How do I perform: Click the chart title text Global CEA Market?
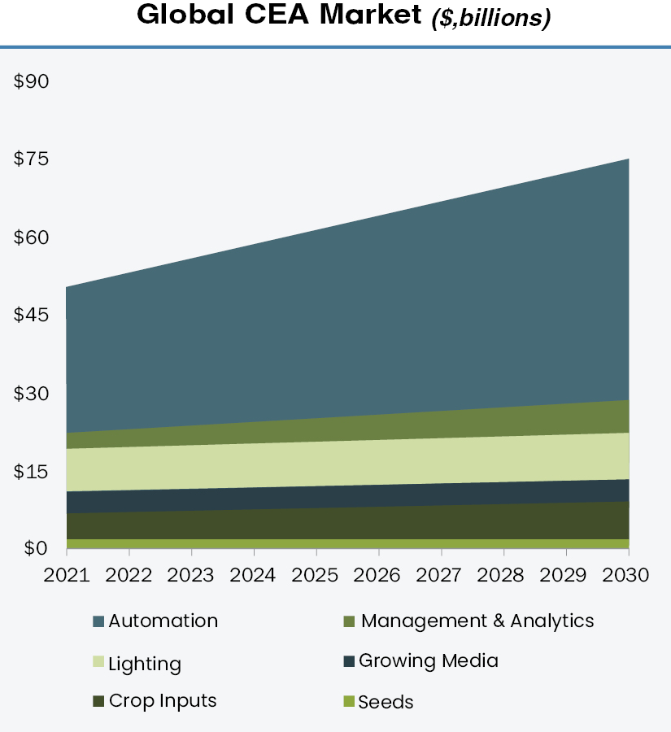point(277,15)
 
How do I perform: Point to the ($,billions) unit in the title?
point(490,18)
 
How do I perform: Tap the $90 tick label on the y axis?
point(32,81)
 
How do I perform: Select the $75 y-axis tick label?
point(32,159)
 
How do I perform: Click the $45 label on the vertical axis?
point(32,316)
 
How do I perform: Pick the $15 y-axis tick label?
point(32,472)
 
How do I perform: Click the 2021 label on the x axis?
point(67,575)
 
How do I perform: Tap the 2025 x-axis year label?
point(316,575)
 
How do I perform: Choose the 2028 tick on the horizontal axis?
point(503,575)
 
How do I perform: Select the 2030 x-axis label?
point(627,575)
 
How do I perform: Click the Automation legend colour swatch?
point(98,622)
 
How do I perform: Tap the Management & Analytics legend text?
point(477,621)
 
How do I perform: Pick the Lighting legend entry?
point(145,664)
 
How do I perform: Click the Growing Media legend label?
point(428,660)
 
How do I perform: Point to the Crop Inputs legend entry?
point(163,700)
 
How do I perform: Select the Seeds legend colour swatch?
point(349,701)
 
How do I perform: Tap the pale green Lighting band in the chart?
point(350,464)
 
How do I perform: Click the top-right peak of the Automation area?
point(627,161)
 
